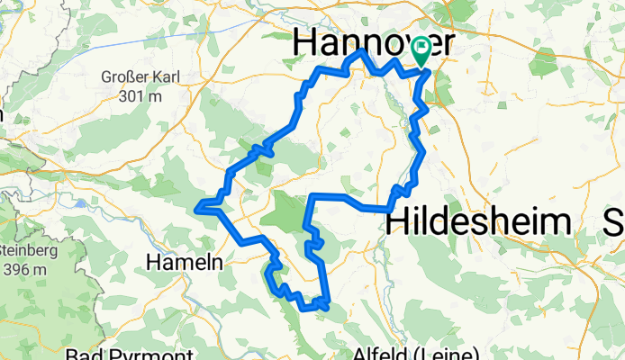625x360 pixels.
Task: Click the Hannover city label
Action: (372, 40)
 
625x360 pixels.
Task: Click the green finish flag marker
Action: (421, 50)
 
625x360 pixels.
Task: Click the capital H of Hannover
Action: (306, 40)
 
